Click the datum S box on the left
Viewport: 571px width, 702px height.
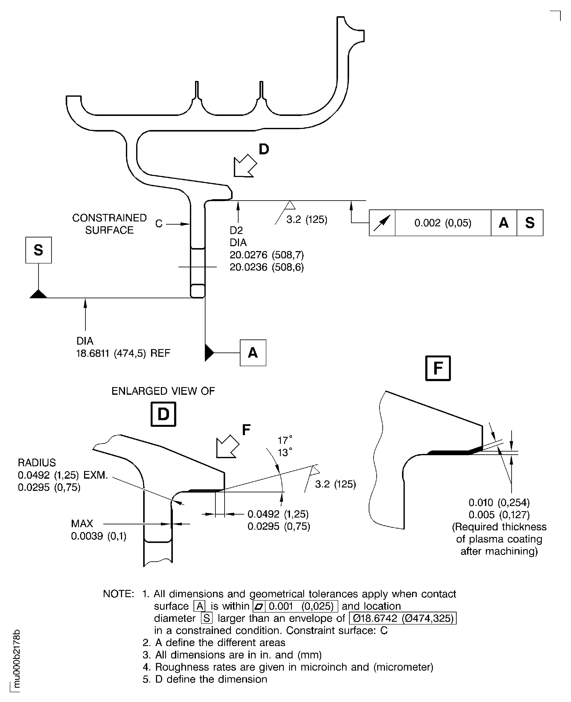coord(38,250)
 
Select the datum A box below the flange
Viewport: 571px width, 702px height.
coord(253,353)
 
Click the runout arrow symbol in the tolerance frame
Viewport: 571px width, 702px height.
coord(382,223)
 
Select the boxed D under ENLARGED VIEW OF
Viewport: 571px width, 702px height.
coord(163,414)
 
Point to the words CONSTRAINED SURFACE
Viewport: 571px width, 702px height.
coord(109,224)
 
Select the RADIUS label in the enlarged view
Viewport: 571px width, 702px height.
coord(37,463)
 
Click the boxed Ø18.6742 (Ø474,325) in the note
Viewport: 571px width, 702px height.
coord(403,618)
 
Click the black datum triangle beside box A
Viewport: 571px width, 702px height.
coord(208,353)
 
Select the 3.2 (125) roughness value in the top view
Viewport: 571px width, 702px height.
coord(307,219)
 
